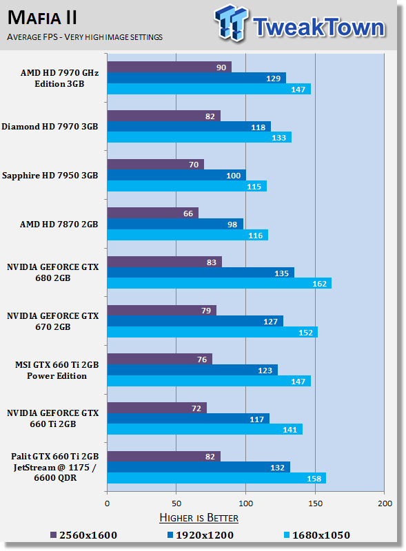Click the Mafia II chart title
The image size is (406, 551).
point(42,18)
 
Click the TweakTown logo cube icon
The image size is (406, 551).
point(231,23)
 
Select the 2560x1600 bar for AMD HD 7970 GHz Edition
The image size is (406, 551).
point(170,67)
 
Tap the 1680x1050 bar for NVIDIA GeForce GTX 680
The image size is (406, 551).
point(219,283)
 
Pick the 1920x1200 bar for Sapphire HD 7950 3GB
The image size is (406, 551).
point(176,175)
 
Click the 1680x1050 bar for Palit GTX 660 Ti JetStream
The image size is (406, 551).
point(216,478)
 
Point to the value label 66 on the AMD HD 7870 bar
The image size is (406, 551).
point(188,214)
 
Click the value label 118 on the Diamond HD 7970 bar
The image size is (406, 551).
point(258,127)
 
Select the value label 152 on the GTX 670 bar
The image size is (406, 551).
point(306,333)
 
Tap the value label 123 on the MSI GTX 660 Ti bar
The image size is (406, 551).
point(265,371)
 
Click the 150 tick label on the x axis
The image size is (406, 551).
point(315,503)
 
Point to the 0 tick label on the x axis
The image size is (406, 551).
point(107,503)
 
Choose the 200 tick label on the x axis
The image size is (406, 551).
point(385,503)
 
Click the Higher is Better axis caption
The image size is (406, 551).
point(199,518)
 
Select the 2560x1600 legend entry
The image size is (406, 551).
point(83,535)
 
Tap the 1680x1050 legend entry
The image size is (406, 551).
point(316,535)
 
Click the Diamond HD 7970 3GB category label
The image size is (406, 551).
point(50,127)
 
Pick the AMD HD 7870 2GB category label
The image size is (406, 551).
point(59,225)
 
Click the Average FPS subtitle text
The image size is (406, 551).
point(85,37)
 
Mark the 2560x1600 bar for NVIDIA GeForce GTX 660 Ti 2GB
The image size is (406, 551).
point(157,408)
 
